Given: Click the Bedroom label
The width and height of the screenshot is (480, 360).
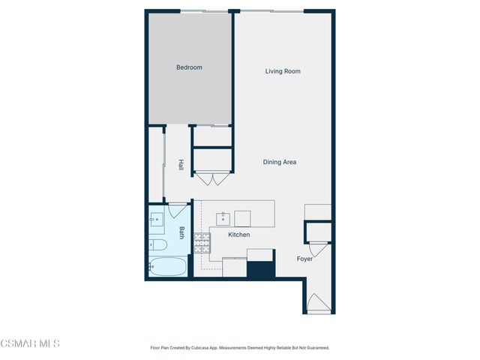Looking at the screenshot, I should pyautogui.click(x=189, y=67).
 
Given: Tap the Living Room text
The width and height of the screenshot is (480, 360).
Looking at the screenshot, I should pyautogui.click(x=283, y=71).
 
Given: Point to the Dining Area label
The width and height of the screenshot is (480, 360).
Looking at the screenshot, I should pyautogui.click(x=280, y=162).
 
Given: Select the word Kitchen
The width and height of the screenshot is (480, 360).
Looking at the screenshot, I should pyautogui.click(x=239, y=235).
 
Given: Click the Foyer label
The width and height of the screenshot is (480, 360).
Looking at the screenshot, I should pyautogui.click(x=304, y=259).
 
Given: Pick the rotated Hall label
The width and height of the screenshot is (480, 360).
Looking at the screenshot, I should pyautogui.click(x=181, y=164).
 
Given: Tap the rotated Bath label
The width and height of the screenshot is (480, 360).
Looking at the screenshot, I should pyautogui.click(x=181, y=233).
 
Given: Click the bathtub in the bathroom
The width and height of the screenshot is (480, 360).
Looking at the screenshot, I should pyautogui.click(x=166, y=266).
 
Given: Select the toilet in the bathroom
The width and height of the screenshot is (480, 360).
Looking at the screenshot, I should pyautogui.click(x=158, y=244).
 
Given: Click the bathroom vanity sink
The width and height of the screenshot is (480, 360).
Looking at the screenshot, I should pyautogui.click(x=157, y=220).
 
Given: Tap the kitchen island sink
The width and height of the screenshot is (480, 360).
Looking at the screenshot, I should pyautogui.click(x=223, y=218).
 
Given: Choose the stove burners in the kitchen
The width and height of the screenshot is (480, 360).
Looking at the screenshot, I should pyautogui.click(x=202, y=241).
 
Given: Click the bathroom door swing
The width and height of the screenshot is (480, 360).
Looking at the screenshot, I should pyautogui.click(x=177, y=210).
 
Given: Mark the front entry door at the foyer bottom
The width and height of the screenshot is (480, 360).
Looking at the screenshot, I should pyautogui.click(x=319, y=303).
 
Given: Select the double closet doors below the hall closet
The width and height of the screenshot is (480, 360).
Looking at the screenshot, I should pyautogui.click(x=213, y=179).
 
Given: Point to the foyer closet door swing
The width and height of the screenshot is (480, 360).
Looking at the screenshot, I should pyautogui.click(x=319, y=248).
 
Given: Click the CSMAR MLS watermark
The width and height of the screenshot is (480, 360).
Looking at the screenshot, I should pyautogui.click(x=29, y=343).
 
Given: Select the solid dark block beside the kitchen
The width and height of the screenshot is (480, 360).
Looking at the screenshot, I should pyautogui.click(x=261, y=269).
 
